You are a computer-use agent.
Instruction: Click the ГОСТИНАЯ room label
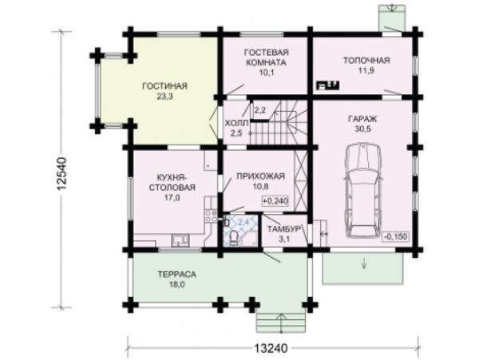[164, 86]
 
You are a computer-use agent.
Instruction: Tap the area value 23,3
[165, 97]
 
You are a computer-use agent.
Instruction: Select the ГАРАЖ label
[362, 118]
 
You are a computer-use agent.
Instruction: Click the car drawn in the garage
[363, 190]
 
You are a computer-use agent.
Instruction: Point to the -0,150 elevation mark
[396, 236]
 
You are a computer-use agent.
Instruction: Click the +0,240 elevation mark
[275, 201]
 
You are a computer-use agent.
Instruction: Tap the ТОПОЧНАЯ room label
[366, 60]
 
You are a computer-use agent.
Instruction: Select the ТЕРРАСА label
[177, 275]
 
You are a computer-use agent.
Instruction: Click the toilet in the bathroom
[234, 238]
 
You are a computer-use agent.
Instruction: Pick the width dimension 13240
[271, 348]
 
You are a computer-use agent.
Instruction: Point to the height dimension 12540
[61, 174]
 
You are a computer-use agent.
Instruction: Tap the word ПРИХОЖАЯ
[260, 176]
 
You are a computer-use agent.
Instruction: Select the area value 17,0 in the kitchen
[172, 198]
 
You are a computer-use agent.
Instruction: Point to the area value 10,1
[267, 73]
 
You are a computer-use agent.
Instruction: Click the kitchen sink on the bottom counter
[180, 239]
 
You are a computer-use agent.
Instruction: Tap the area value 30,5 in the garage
[363, 129]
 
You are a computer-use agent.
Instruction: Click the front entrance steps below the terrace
[281, 322]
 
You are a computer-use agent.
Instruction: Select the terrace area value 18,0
[177, 285]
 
